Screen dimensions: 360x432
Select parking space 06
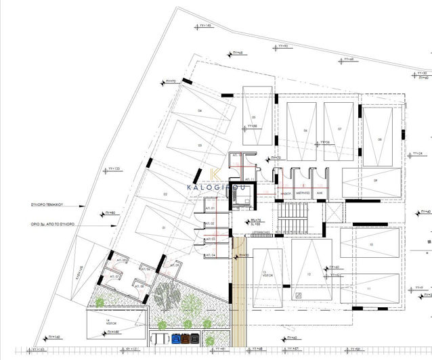[305, 132]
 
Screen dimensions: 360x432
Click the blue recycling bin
[177, 337]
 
